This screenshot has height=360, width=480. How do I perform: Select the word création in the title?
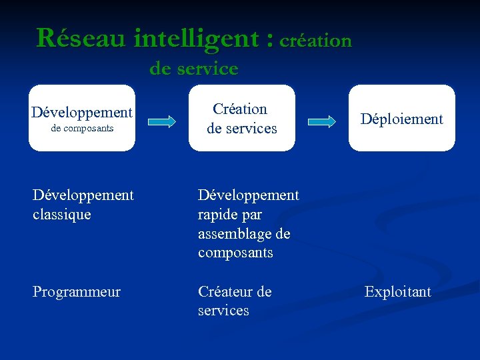pyautogui.click(x=315, y=41)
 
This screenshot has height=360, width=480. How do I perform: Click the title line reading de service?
pyautogui.click(x=193, y=68)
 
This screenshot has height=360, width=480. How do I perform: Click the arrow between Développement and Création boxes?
pyautogui.click(x=161, y=121)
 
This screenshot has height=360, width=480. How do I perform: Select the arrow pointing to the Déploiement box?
pyautogui.click(x=323, y=121)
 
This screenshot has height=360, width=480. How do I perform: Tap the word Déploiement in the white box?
pyautogui.click(x=401, y=119)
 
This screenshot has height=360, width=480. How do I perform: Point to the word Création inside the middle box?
pyautogui.click(x=240, y=109)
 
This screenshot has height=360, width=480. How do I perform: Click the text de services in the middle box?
pyautogui.click(x=241, y=128)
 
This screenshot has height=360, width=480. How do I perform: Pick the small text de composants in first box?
pyautogui.click(x=82, y=128)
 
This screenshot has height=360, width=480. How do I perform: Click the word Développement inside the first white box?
pyautogui.click(x=82, y=112)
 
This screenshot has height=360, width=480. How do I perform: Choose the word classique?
pyautogui.click(x=61, y=215)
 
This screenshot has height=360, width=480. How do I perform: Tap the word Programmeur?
pyautogui.click(x=77, y=292)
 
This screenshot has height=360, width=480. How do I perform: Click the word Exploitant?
pyautogui.click(x=397, y=292)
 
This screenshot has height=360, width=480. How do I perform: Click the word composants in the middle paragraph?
pyautogui.click(x=235, y=253)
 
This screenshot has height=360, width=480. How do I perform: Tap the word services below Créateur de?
pyautogui.click(x=223, y=311)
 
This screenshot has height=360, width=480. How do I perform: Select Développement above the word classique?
pyautogui.click(x=83, y=195)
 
